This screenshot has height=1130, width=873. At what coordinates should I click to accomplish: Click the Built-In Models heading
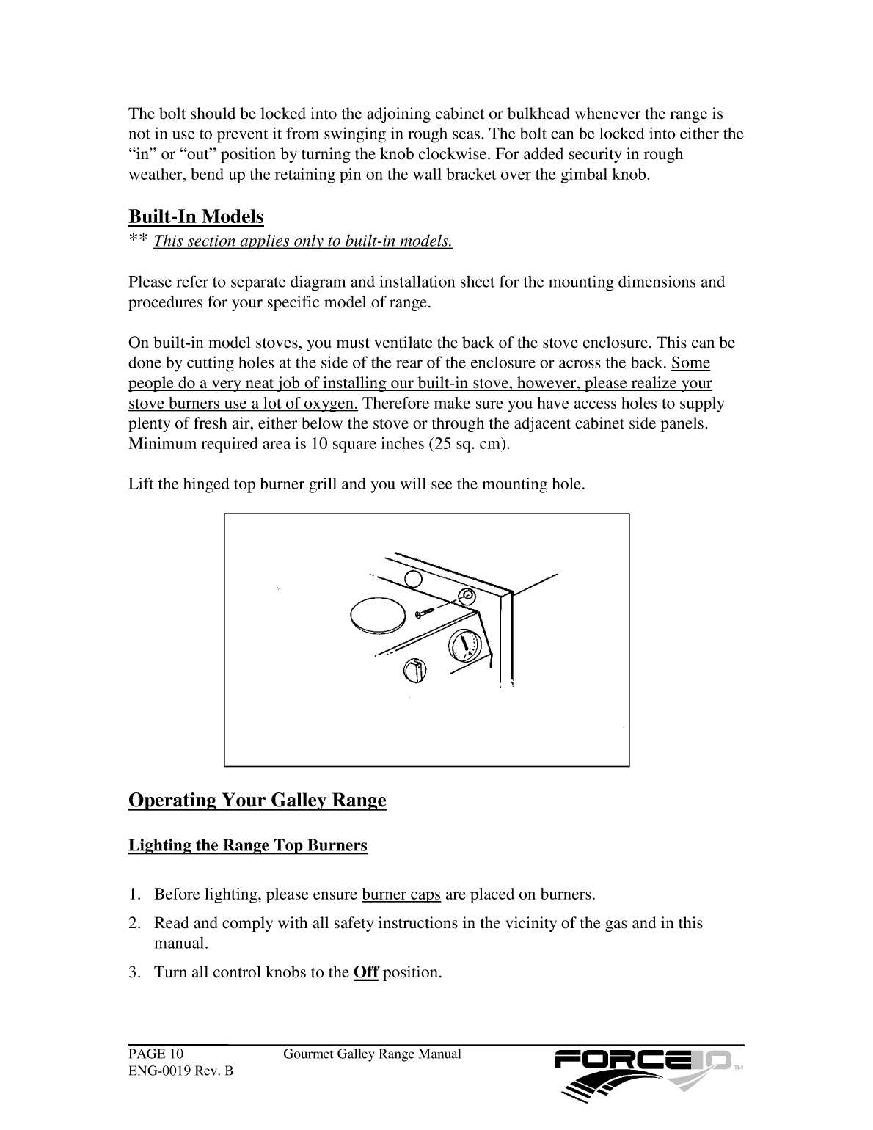click(x=196, y=216)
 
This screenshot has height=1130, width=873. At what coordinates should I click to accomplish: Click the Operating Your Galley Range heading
click(x=257, y=799)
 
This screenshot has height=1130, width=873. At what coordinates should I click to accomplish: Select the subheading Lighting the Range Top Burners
click(x=248, y=845)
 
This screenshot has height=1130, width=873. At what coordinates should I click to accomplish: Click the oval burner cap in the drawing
click(x=378, y=613)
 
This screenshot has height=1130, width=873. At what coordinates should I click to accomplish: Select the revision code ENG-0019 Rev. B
click(x=180, y=1071)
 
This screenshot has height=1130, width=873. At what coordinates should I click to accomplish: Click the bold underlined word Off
click(x=365, y=973)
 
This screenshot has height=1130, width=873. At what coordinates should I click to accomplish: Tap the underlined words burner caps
click(x=401, y=894)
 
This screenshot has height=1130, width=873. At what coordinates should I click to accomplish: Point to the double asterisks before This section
click(x=139, y=240)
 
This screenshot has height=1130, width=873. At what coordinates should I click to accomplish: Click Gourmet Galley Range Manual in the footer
click(x=372, y=1054)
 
